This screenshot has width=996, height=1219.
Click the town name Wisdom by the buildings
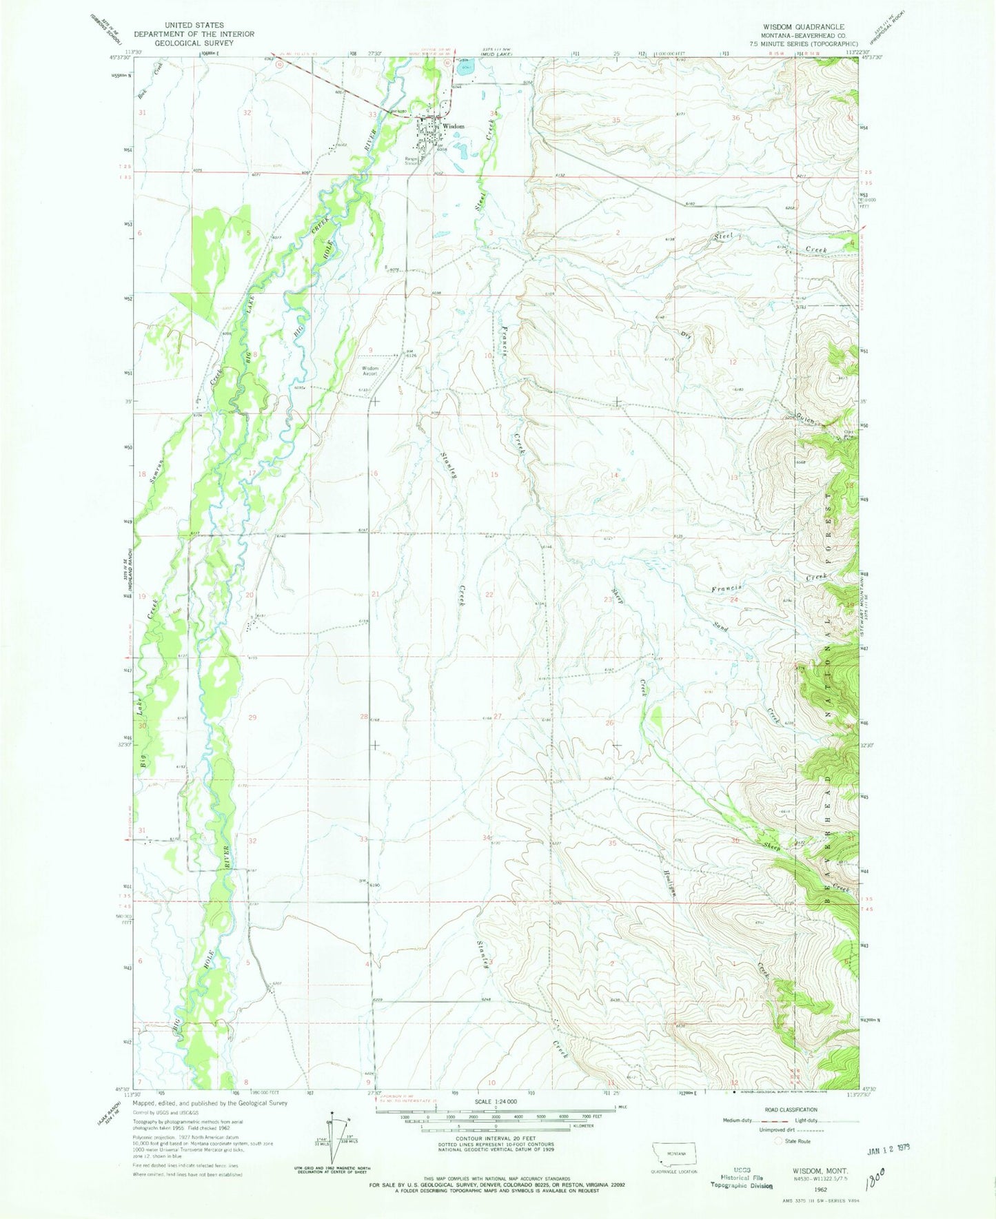pos(453,127)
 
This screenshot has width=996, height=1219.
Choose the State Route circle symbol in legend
pos(780,1141)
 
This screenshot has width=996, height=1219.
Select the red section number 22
pos(489,594)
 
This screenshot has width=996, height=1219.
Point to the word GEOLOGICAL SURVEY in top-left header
pos(194,43)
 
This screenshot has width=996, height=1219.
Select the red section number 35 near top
pos(616,120)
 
